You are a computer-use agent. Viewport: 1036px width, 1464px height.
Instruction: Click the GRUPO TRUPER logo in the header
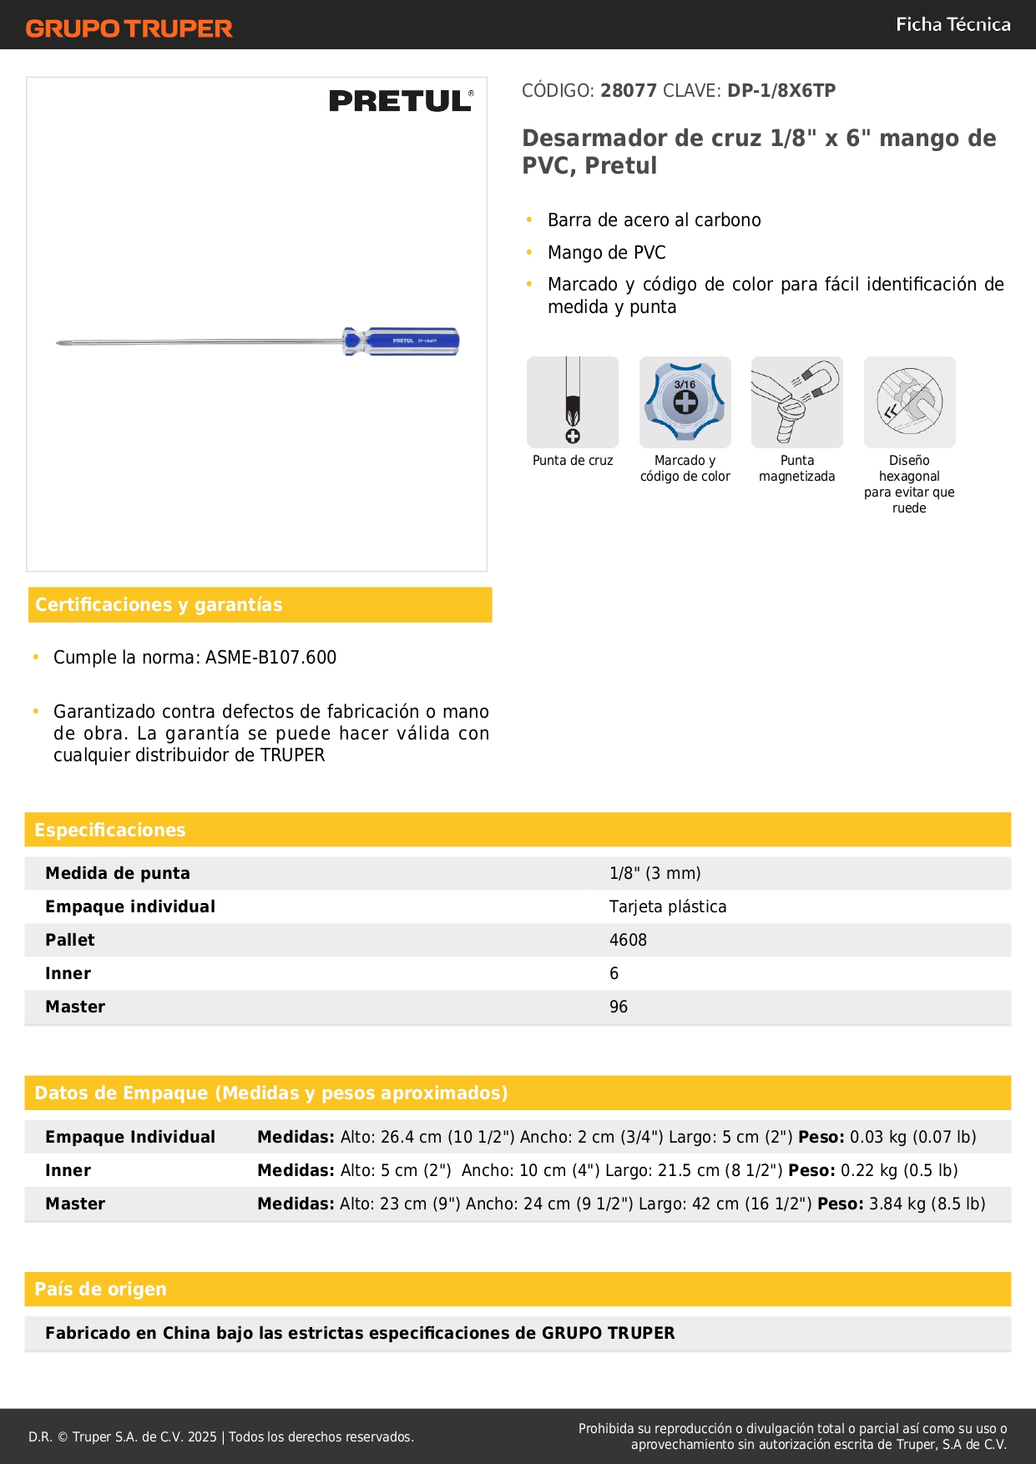pos(129,28)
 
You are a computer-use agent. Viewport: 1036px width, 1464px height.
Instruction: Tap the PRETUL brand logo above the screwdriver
pos(401,101)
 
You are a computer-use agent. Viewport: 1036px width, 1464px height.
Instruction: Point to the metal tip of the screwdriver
pos(60,342)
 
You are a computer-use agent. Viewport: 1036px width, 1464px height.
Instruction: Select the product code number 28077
pos(629,91)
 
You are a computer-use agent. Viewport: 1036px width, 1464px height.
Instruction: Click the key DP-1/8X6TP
pos(781,91)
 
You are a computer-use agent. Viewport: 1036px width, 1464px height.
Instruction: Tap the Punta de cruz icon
pos(573,402)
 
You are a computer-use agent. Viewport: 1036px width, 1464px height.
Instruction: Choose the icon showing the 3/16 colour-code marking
pos(685,402)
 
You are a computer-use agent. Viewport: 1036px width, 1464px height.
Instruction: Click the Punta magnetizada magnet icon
pos(797,402)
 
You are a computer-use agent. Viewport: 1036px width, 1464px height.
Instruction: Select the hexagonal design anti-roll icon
pos(909,402)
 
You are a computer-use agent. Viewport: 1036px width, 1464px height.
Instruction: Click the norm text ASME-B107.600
pos(270,658)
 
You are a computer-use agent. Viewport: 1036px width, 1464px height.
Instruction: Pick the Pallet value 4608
pos(628,940)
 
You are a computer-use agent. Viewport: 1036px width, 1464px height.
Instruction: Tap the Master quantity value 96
pos(619,1007)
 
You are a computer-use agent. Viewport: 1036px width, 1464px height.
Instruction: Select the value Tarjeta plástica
pos(668,906)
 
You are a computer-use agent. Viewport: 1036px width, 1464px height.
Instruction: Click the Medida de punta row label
pos(118,873)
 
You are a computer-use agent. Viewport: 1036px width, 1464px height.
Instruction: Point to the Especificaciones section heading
pos(110,830)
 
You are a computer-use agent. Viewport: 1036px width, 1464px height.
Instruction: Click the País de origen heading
pos(100,1289)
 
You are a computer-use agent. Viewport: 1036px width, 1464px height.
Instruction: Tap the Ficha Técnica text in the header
pos(953,25)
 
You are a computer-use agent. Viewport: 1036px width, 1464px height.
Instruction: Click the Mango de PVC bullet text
pos(607,253)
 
